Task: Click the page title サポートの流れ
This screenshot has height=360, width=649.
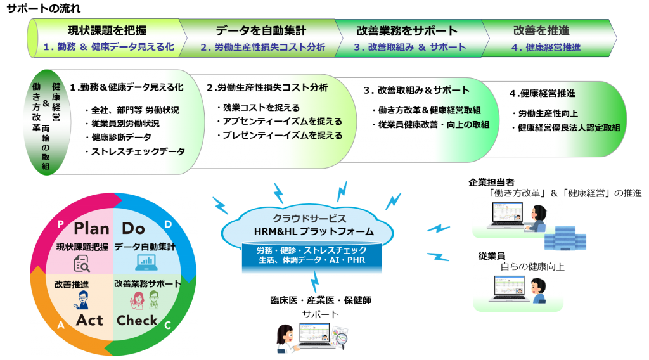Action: click(44, 8)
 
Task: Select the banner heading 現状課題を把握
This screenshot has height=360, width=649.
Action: click(107, 30)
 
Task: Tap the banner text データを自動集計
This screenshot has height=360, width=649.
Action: click(260, 30)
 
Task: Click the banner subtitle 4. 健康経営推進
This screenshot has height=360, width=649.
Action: click(546, 48)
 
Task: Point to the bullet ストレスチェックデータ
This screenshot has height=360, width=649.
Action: click(138, 151)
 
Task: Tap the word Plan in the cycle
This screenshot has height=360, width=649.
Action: click(91, 228)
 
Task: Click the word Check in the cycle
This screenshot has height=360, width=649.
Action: click(137, 320)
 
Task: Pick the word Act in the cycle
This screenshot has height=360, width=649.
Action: click(89, 320)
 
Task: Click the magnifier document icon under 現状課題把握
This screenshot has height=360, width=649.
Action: click(82, 263)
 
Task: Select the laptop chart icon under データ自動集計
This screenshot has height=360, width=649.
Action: click(146, 262)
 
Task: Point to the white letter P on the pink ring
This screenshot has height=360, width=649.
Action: click(60, 224)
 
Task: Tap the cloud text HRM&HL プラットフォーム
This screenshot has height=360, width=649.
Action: click(314, 231)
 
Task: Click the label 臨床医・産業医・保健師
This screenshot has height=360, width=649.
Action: click(321, 300)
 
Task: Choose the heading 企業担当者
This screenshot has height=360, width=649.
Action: click(491, 183)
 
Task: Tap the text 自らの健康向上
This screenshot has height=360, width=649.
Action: click(532, 266)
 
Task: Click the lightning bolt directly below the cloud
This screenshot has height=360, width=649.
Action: click(315, 281)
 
